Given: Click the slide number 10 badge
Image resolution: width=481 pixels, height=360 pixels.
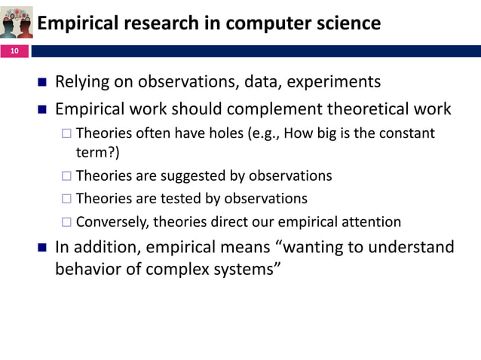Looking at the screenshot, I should pyautogui.click(x=14, y=51).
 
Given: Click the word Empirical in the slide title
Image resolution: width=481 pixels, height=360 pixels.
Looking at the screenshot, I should pyautogui.click(x=74, y=24).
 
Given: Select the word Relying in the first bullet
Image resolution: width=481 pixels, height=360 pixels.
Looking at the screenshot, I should pyautogui.click(x=84, y=81).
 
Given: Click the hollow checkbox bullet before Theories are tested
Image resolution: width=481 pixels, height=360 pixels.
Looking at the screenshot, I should pyautogui.click(x=66, y=200).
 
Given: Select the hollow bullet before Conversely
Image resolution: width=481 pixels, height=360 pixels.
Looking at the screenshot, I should pyautogui.click(x=66, y=223).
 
